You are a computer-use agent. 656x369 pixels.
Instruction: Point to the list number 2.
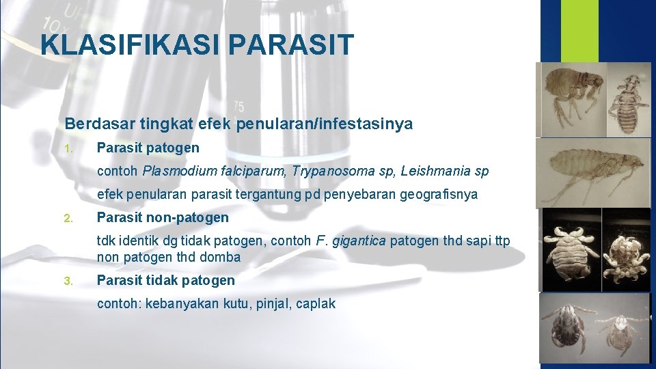tap(68, 219)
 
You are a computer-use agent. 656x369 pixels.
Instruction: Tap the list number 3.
tap(68, 281)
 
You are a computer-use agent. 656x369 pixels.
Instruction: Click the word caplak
tap(316, 303)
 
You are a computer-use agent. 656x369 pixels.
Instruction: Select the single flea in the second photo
tap(594, 171)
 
